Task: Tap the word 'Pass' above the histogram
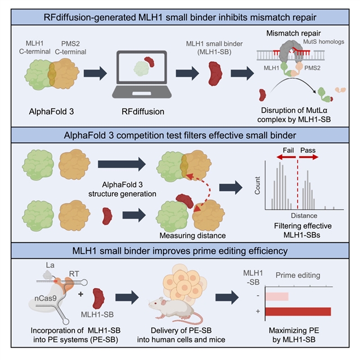[x=308, y=151]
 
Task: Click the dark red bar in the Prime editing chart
[x=298, y=312]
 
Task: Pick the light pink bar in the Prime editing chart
[x=277, y=296]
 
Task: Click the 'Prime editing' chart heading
[x=298, y=277]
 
